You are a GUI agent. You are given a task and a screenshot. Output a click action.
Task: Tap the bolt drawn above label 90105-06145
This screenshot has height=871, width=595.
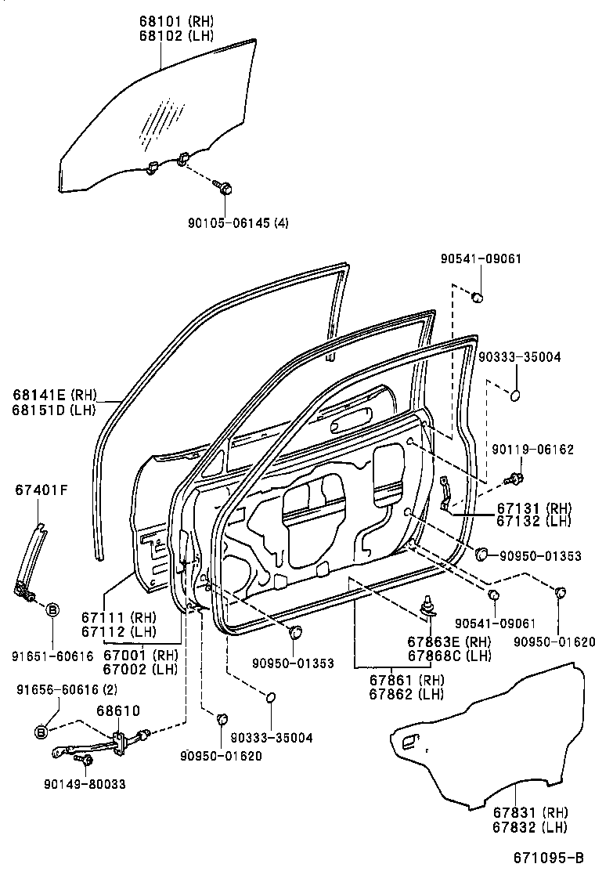point(224,188)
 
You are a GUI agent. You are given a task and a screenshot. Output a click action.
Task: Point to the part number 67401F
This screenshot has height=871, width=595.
point(41,491)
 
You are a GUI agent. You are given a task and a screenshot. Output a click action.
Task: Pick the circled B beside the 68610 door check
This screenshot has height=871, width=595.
point(42,732)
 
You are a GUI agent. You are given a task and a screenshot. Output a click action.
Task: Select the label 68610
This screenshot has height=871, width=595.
point(117,711)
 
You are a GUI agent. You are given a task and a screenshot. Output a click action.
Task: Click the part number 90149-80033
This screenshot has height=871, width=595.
point(86,783)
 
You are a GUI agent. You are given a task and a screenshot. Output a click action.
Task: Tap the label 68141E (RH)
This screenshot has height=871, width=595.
point(53,396)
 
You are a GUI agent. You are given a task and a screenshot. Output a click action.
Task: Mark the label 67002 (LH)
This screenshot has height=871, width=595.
point(141,669)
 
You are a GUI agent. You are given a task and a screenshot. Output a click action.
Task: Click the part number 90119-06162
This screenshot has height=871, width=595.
point(532,450)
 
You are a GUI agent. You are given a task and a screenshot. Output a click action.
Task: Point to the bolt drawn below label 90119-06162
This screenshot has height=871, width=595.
point(514,478)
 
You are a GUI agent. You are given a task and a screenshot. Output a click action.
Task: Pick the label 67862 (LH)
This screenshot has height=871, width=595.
point(406,694)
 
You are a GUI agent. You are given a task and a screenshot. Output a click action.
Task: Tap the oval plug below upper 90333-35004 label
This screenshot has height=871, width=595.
point(515,395)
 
